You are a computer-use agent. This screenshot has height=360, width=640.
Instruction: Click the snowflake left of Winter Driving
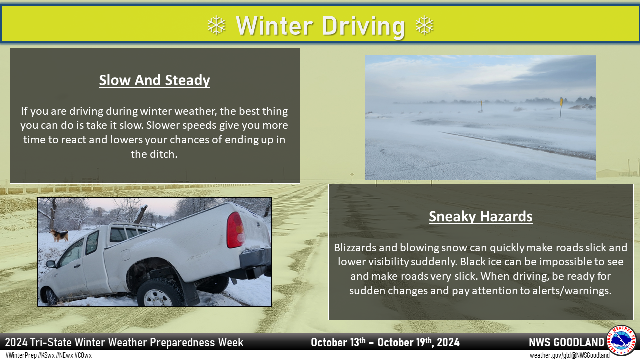(216, 25)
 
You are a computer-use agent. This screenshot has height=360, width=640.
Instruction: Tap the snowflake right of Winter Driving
(424, 25)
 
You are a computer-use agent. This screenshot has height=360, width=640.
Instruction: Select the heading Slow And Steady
(154, 80)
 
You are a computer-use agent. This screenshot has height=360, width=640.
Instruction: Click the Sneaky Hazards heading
(481, 216)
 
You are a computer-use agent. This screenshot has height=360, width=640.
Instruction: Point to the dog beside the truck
(59, 235)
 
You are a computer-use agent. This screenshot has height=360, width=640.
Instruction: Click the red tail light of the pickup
(235, 230)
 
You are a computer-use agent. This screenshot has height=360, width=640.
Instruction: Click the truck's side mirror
(51, 264)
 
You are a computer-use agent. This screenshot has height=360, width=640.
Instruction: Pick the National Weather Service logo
(622, 341)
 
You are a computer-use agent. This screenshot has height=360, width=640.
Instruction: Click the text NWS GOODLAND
(567, 342)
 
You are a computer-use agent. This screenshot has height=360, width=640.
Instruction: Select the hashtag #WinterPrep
(21, 355)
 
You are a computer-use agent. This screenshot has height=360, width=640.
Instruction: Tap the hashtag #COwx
(83, 355)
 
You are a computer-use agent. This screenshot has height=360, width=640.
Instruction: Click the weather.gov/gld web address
(550, 355)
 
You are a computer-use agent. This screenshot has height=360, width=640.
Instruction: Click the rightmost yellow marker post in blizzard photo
(561, 107)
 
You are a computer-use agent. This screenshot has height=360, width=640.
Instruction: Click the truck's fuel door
(125, 255)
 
